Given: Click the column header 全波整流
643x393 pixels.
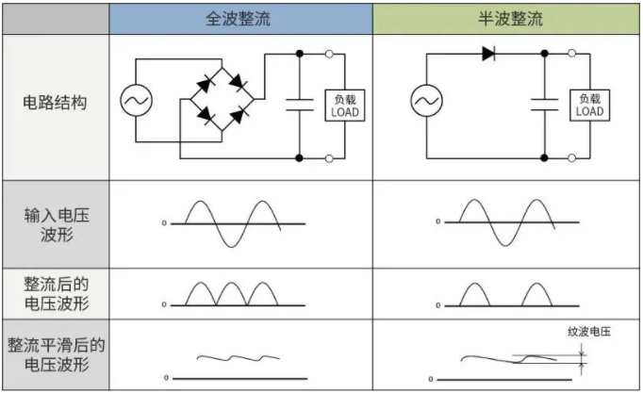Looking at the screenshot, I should coord(239,19).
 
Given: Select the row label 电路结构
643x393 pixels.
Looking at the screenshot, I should coord(55,103).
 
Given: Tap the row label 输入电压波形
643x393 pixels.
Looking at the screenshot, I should coord(55,222).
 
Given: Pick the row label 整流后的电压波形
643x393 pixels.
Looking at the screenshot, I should coord(55,293).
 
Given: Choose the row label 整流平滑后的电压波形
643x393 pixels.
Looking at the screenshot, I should coord(55,355).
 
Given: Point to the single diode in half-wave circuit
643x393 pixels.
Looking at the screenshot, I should coord(487,54).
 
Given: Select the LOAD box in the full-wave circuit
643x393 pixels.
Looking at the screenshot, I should coord(344,106).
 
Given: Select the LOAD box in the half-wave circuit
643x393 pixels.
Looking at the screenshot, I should coord(589,106).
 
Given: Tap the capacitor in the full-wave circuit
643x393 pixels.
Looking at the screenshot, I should coord(300,105).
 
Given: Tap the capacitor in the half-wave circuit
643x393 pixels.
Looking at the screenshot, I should coord(545,105).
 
